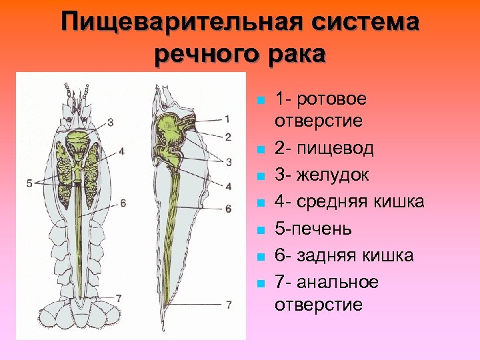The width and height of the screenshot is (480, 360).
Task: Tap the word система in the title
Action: point(359,23)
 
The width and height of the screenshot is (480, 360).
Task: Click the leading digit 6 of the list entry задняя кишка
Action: point(279,255)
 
